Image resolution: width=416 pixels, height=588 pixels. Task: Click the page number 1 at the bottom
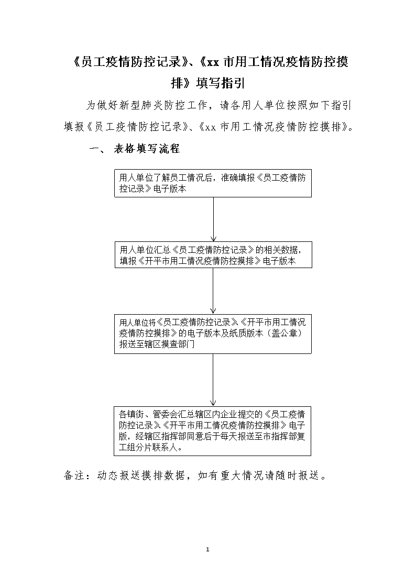(x=207, y=549)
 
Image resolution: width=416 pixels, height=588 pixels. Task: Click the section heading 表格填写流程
(x=147, y=149)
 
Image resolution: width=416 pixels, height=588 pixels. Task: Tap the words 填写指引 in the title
(x=221, y=83)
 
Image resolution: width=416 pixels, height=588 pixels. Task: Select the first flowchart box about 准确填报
(x=213, y=183)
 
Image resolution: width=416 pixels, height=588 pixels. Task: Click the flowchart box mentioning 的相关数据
(x=213, y=254)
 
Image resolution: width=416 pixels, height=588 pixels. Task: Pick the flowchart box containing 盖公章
(x=213, y=333)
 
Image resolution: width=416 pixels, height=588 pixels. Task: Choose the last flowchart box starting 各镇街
(x=212, y=431)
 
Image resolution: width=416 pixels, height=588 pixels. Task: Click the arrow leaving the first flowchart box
(x=213, y=219)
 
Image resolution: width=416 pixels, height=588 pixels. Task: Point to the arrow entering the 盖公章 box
(x=213, y=291)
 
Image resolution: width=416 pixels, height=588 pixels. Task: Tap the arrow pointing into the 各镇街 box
(x=213, y=380)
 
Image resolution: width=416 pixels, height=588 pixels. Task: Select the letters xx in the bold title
(x=213, y=62)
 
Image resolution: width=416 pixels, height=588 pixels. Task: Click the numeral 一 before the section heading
(x=94, y=149)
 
